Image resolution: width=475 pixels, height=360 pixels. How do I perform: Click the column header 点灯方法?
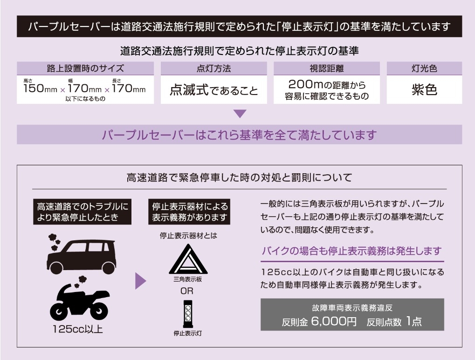213,68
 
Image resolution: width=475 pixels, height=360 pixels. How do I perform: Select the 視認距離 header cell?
327,68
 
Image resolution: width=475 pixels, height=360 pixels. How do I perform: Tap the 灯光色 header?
424,68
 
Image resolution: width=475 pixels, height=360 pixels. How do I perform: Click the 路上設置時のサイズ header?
85,68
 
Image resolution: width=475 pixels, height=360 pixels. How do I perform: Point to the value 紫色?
424,90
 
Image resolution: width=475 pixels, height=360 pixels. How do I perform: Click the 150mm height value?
40,88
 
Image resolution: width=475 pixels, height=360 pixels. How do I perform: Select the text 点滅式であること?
213,90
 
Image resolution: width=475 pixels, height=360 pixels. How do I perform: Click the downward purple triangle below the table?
240,114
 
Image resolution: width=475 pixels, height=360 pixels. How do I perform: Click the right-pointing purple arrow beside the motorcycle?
140,281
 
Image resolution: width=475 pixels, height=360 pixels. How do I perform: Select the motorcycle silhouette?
79,304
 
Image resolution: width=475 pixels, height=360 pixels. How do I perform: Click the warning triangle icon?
188,259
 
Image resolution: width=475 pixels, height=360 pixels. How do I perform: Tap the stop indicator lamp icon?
188,314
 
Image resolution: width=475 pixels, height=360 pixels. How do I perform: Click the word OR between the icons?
187,291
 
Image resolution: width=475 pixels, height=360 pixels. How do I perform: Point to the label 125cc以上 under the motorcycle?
77,329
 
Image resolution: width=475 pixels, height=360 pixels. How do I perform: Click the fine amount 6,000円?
334,321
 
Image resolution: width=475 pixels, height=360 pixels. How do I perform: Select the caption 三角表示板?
188,279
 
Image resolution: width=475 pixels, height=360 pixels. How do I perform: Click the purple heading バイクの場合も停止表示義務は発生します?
352,251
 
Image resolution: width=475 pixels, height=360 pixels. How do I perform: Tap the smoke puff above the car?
55,241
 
